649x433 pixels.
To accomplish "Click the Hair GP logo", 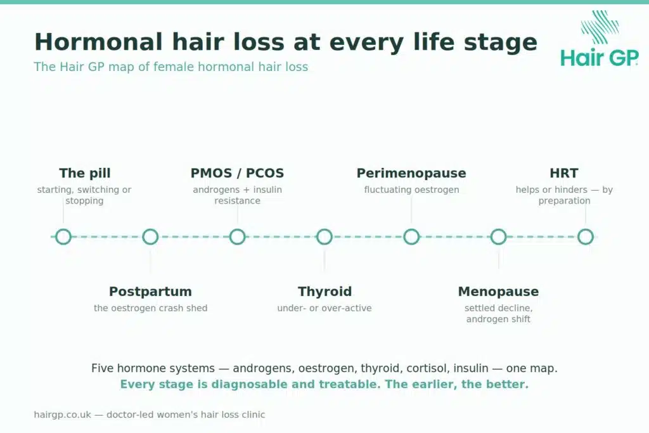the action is [x=600, y=39].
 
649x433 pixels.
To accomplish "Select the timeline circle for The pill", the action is [x=63, y=229].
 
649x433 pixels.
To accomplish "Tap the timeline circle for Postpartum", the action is [x=150, y=229].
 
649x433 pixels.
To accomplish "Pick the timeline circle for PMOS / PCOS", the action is [x=237, y=229].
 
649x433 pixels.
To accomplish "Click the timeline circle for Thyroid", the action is [x=324, y=229].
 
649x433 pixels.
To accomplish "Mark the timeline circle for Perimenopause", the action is [x=411, y=229].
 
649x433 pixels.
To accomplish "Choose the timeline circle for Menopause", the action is [x=498, y=229].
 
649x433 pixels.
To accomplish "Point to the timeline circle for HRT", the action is [x=585, y=229].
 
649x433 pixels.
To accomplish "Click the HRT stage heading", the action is [x=564, y=173].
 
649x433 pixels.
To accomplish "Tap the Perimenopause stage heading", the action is [x=411, y=173].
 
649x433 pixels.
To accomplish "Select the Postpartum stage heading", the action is [x=150, y=292].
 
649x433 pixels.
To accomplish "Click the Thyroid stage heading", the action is [x=324, y=292].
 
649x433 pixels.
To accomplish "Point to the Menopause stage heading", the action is [x=498, y=292].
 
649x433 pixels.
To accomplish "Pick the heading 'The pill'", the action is [x=85, y=173].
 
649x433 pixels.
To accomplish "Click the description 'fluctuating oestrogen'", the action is [x=411, y=190].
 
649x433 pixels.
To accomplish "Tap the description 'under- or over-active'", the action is [x=324, y=308].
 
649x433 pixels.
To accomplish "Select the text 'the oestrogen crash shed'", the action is [x=151, y=308].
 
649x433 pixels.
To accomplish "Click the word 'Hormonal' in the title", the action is [x=98, y=42].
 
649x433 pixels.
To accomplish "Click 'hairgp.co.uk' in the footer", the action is [x=63, y=415].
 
